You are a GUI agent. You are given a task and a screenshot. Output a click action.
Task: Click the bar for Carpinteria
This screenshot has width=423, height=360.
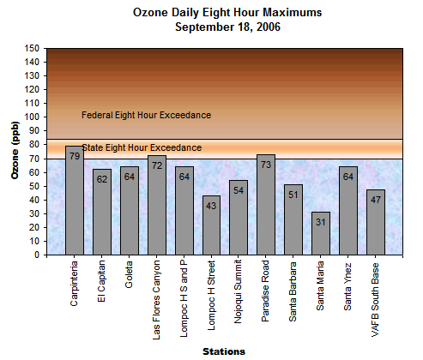click(75, 201)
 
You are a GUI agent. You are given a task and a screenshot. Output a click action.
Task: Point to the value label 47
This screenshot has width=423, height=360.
click(376, 199)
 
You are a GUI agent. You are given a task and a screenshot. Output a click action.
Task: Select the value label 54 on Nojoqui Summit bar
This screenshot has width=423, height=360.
click(239, 189)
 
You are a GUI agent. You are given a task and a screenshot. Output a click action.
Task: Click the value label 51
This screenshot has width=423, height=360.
click(293, 194)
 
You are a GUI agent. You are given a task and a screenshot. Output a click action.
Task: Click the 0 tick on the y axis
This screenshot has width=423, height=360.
click(37, 255)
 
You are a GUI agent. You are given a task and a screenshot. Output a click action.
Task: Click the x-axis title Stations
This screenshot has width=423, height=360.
click(224, 351)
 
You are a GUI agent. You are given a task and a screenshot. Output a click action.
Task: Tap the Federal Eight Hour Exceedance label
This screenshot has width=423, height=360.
click(146, 115)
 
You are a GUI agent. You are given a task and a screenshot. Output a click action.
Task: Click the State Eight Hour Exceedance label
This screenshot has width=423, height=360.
click(142, 147)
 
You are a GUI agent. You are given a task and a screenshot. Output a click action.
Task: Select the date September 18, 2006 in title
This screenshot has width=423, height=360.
click(227, 27)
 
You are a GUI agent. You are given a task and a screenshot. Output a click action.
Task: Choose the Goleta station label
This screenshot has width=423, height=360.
click(130, 275)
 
